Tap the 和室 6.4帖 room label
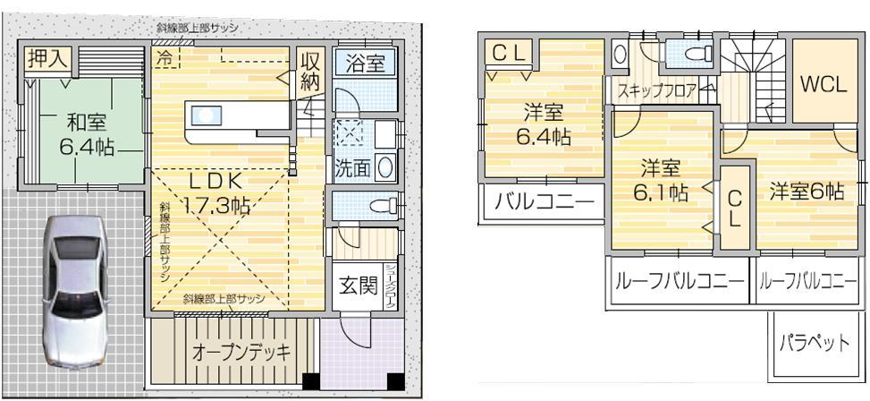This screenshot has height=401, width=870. click(85, 134)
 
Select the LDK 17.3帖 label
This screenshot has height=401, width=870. click(214, 192)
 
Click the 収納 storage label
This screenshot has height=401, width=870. click(310, 73)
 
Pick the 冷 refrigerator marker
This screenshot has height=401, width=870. click(165, 57)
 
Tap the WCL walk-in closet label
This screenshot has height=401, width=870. click(823, 86)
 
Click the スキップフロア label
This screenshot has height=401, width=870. click(655, 90)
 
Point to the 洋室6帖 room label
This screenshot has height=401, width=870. click(807, 190)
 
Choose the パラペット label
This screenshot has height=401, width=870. click(814, 342)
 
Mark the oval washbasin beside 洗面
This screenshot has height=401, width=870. click(385, 166)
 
